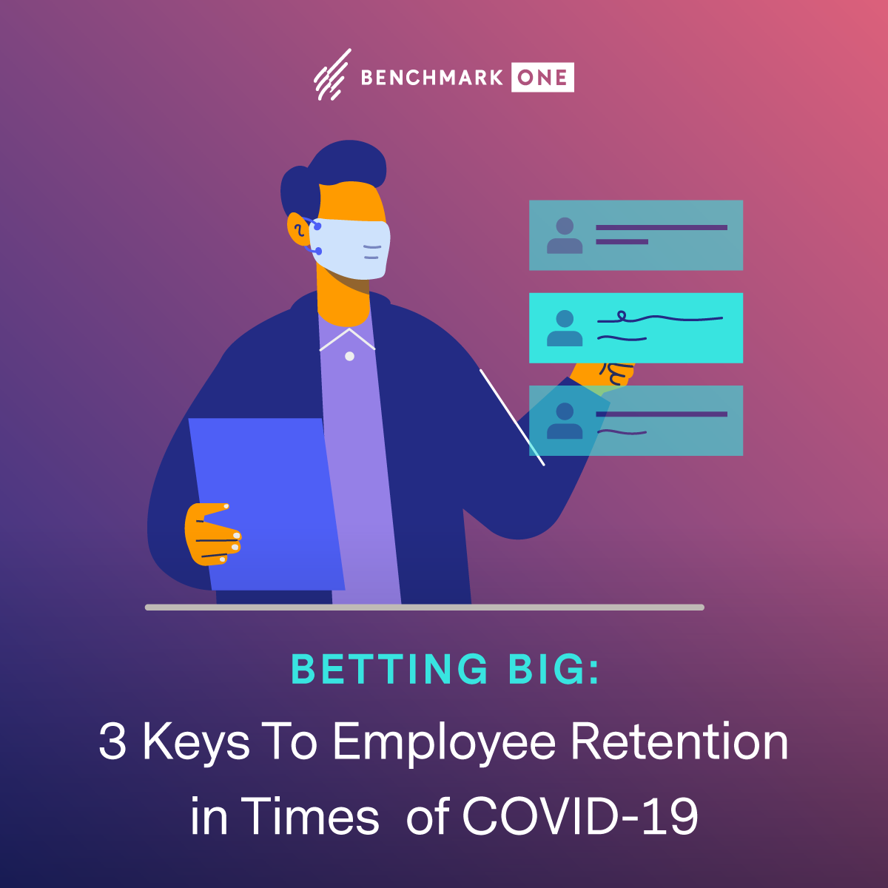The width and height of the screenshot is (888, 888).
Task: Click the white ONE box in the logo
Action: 542,77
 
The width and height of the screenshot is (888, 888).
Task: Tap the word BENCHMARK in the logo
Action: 431,78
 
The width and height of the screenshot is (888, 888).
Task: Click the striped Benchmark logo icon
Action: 332,74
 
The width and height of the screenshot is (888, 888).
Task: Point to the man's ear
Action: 299,229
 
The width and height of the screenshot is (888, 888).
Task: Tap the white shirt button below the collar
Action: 350,356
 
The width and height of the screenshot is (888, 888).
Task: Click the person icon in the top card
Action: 565,235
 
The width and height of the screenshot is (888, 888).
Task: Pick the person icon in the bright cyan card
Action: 565,328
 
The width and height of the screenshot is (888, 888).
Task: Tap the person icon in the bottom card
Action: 565,421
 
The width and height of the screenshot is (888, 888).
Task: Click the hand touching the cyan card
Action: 604,374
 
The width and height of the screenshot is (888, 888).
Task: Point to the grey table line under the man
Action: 425,608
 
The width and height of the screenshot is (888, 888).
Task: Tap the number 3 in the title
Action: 112,741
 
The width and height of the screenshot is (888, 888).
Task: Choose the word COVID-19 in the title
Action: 580,816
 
